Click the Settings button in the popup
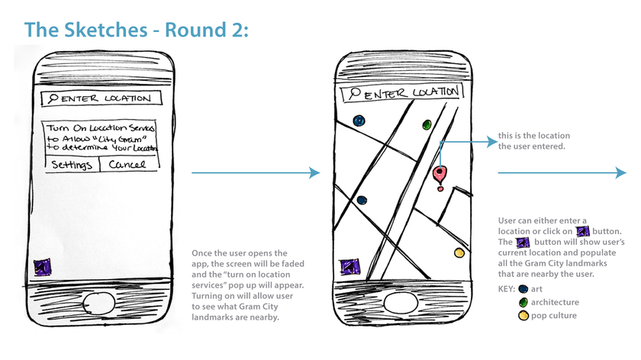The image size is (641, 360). [x=71, y=166]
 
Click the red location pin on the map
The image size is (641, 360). [x=440, y=175]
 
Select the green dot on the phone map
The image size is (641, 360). [x=427, y=124]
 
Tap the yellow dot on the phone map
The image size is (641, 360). [x=459, y=252]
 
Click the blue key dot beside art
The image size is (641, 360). [x=523, y=289]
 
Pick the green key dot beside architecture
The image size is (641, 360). [x=523, y=302]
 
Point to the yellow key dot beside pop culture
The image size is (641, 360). [x=523, y=315]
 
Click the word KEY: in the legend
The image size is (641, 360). [x=505, y=290]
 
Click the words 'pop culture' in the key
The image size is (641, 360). [x=554, y=315]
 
